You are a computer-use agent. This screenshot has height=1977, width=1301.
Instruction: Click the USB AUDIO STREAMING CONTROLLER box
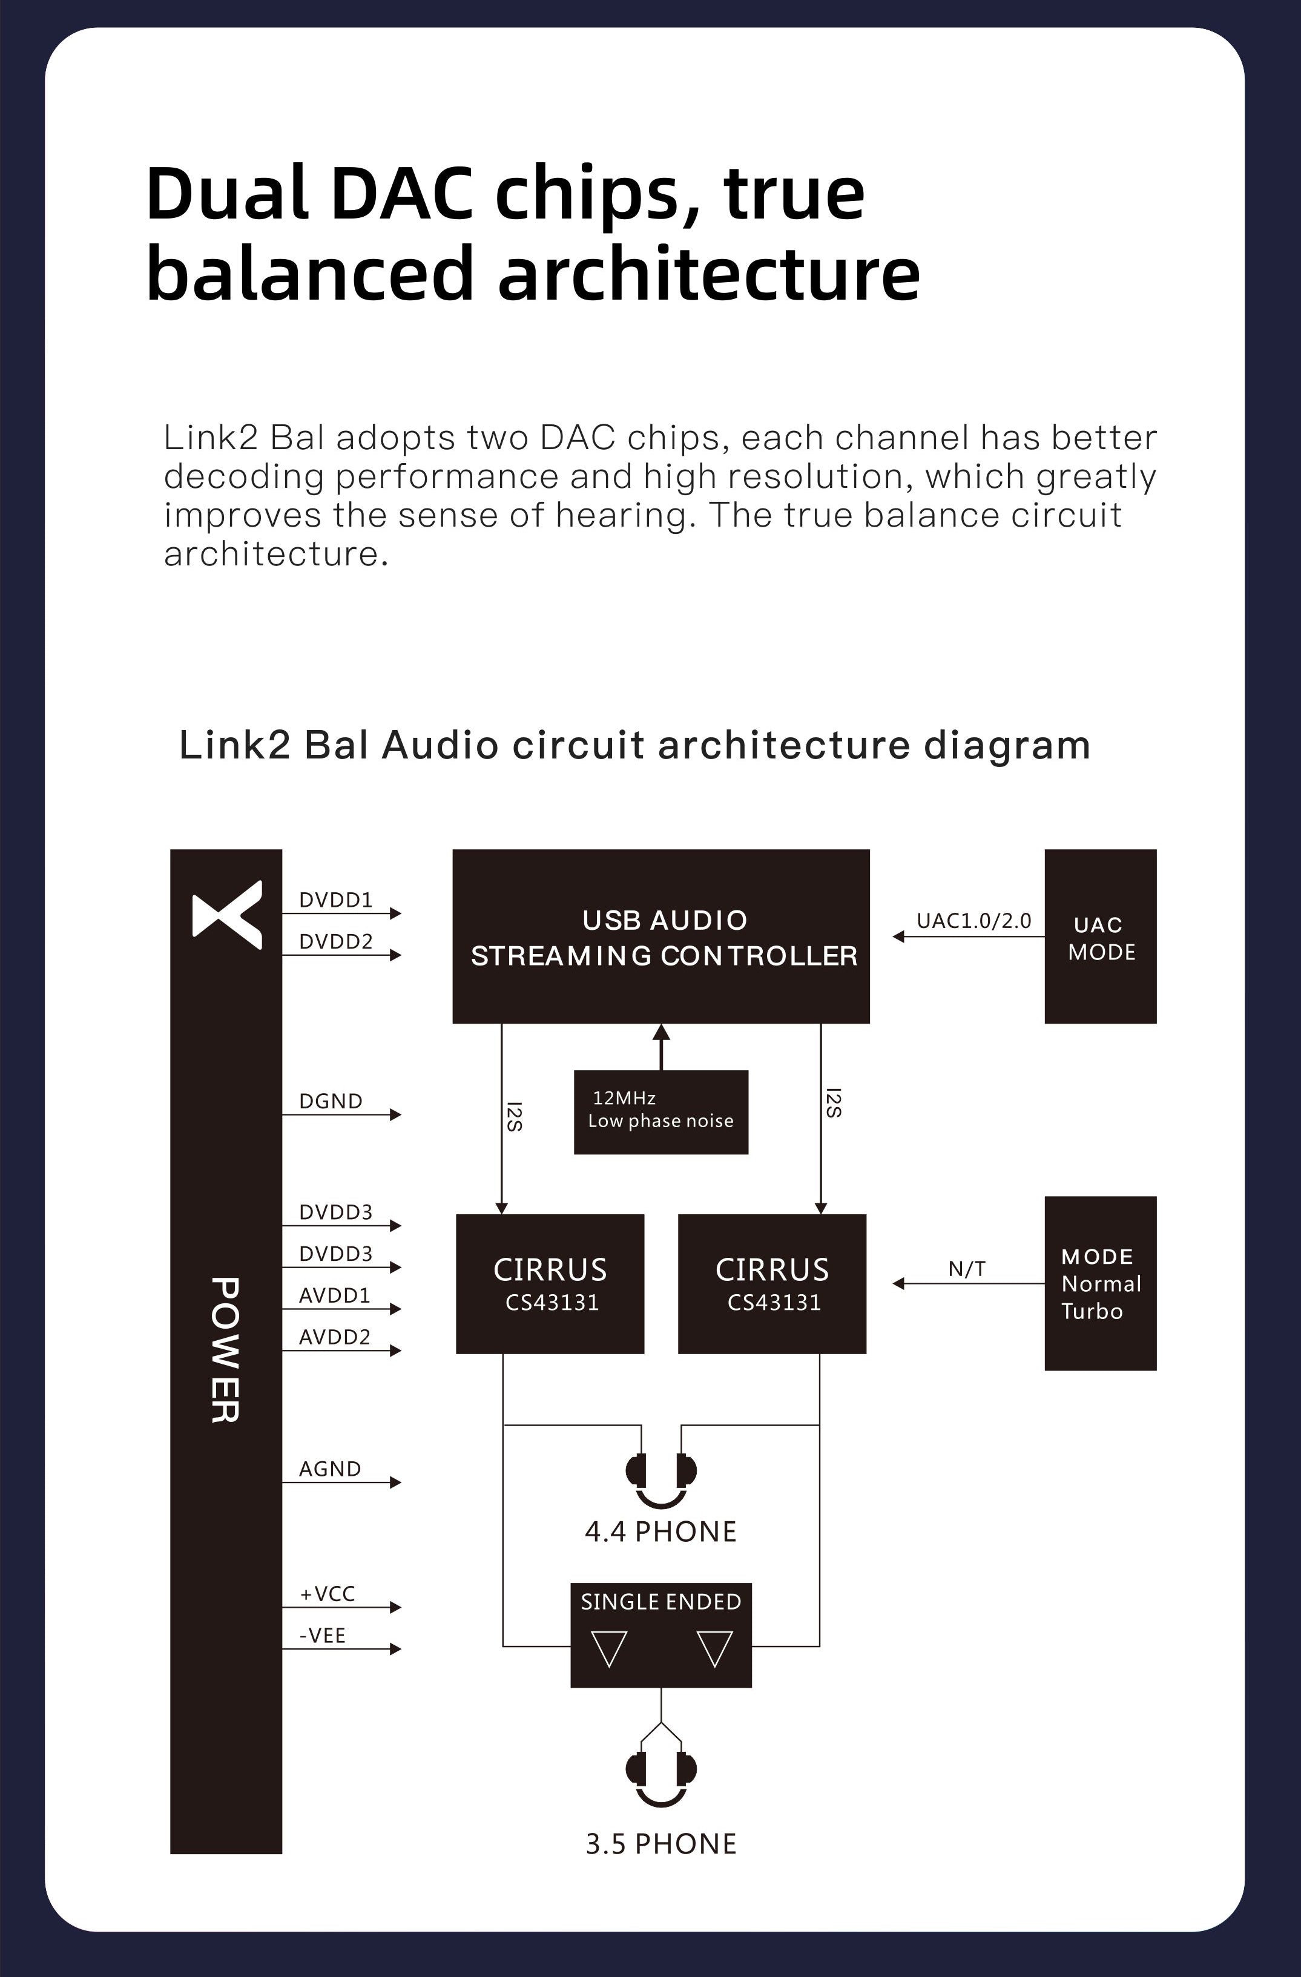click(x=660, y=936)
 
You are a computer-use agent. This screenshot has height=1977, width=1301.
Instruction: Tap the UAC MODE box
click(x=1100, y=936)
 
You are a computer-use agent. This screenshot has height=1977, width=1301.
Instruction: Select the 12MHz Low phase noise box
click(x=660, y=1111)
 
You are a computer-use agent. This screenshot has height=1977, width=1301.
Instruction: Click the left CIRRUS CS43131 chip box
click(x=550, y=1283)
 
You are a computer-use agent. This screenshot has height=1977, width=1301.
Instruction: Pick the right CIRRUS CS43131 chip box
click(x=772, y=1283)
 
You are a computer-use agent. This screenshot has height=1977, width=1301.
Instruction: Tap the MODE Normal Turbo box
click(x=1100, y=1283)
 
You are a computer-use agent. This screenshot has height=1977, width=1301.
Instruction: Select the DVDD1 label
click(x=335, y=900)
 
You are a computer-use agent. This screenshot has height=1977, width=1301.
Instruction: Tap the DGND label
click(x=331, y=1100)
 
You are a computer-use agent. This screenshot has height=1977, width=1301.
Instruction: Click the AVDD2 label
click(x=335, y=1337)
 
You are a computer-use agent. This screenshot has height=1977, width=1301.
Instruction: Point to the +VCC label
click(x=328, y=1593)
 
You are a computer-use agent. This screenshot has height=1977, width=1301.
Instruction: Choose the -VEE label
click(x=322, y=1635)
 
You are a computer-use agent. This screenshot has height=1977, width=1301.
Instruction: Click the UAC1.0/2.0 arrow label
click(x=973, y=920)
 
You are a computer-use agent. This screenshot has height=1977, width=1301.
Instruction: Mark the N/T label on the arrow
click(x=967, y=1268)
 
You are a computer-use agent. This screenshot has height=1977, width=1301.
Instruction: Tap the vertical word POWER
click(x=225, y=1350)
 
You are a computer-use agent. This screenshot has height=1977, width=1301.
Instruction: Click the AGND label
click(x=330, y=1469)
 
